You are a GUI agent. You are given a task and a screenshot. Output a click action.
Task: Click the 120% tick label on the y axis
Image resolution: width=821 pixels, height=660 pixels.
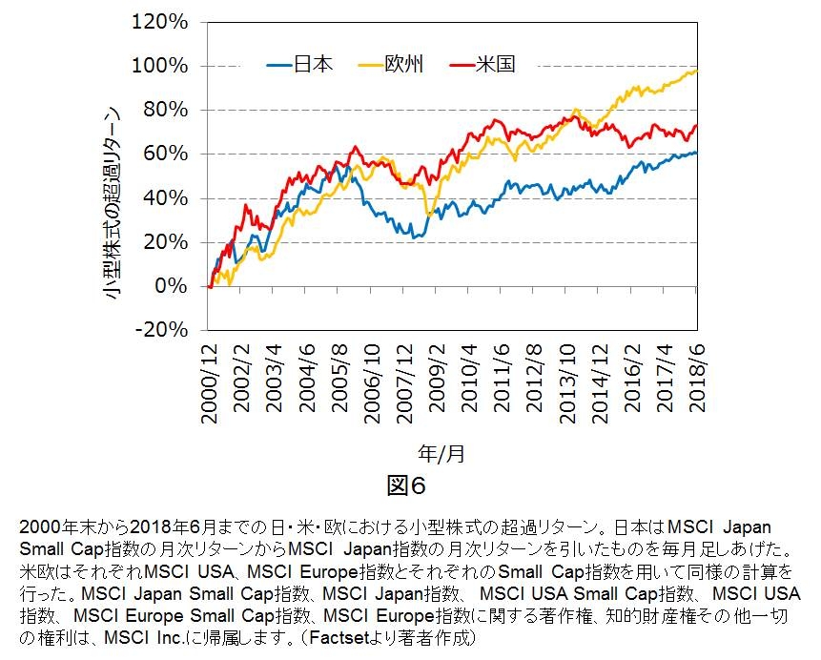(167, 21)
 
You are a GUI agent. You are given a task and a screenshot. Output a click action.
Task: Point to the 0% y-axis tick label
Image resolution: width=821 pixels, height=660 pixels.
(177, 286)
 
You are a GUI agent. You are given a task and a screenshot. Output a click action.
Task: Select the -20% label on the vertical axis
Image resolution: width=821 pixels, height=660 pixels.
(168, 330)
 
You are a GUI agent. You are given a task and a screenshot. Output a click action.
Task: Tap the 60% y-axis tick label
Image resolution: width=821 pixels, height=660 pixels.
(172, 154)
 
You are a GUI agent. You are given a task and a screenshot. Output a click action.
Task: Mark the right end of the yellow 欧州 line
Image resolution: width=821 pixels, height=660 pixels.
(696, 71)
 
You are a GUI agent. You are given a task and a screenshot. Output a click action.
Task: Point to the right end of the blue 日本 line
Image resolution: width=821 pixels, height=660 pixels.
(696, 153)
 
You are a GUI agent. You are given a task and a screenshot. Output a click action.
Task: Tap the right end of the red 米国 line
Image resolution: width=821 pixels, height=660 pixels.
(696, 125)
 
